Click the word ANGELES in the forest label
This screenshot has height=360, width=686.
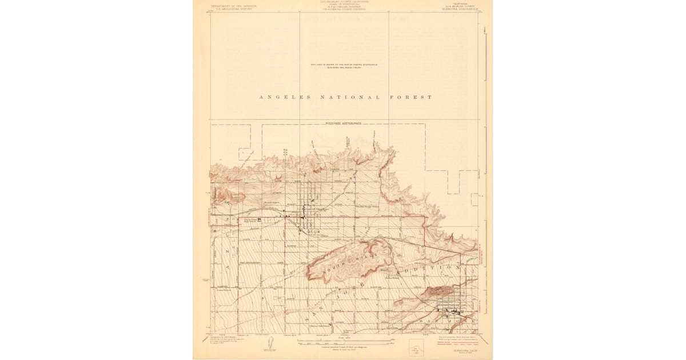click(x=285, y=97)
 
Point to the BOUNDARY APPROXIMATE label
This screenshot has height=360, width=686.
click(x=343, y=123)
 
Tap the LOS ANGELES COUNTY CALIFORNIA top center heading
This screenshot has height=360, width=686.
click(x=343, y=3)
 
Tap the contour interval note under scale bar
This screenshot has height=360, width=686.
click(x=343, y=347)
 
